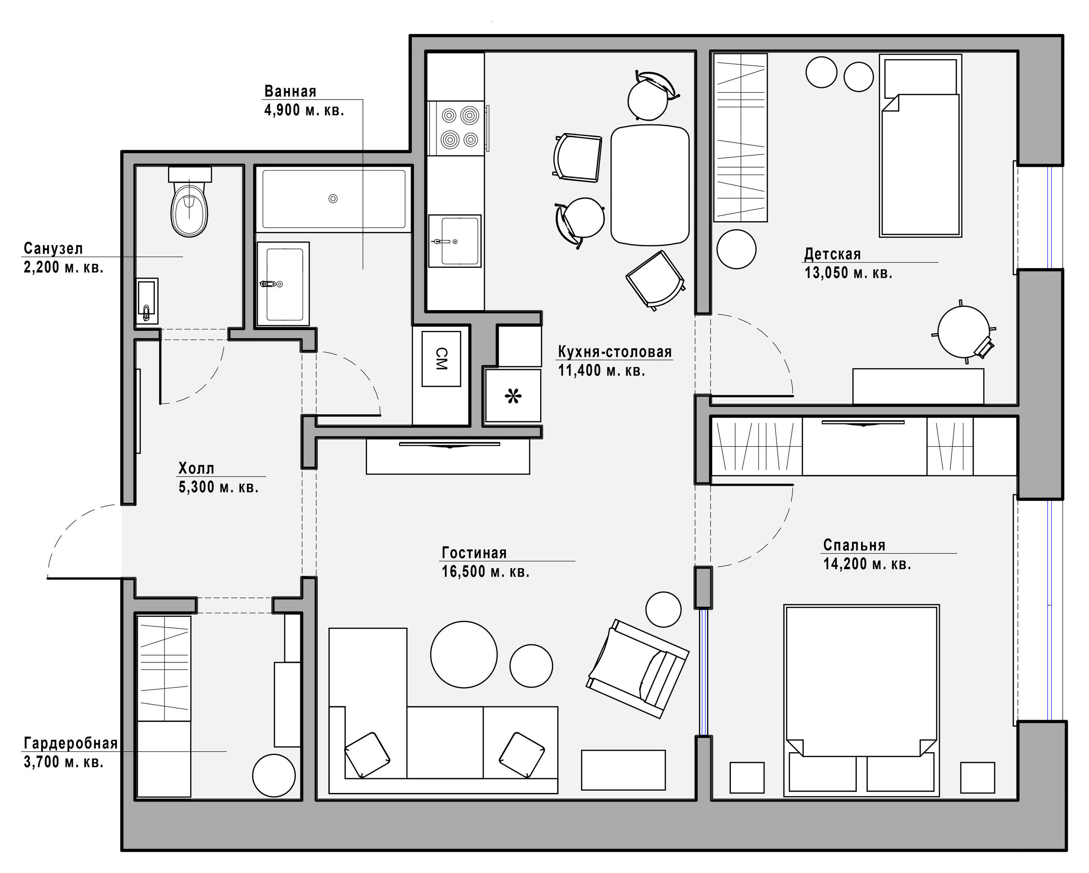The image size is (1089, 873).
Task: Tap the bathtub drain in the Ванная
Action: tap(333, 199)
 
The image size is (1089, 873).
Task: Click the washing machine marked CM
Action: tap(441, 359)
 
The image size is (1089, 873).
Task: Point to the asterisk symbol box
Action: tap(513, 396)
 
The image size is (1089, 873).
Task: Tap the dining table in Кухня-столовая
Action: tap(650, 185)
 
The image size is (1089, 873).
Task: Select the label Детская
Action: tap(832, 254)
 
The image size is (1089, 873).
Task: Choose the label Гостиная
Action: tap(474, 553)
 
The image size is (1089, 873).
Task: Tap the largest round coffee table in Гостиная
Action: tap(464, 654)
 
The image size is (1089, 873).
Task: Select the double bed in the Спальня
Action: tap(861, 700)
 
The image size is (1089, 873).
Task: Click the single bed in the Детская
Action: tap(920, 146)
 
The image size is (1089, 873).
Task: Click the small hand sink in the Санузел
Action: tap(146, 302)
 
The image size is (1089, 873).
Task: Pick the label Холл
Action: tap(196, 469)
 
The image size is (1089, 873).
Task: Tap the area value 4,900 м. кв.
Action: tap(304, 110)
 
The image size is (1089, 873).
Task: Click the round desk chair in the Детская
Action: tap(963, 332)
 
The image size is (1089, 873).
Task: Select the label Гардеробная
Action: tap(71, 743)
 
